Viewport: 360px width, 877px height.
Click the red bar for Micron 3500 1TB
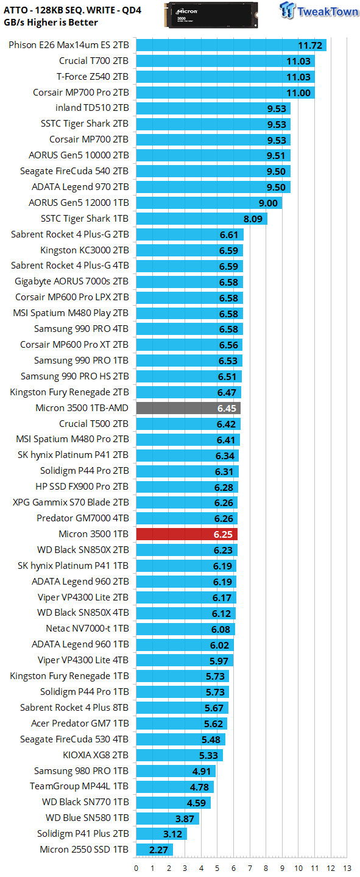(186, 534)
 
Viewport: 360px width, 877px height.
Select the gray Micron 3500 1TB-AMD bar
(188, 408)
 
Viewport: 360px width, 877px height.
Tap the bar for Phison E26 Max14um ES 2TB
(231, 46)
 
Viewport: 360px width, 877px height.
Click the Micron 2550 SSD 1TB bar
(154, 850)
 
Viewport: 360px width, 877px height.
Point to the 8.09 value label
(253, 219)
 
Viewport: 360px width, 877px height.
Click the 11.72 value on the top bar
(309, 46)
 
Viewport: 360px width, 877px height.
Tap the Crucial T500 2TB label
(94, 424)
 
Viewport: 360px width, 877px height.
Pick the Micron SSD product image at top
(211, 14)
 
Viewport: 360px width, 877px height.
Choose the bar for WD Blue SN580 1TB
(167, 818)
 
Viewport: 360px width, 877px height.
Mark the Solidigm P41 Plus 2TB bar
(161, 834)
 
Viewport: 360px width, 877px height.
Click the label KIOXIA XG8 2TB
(96, 755)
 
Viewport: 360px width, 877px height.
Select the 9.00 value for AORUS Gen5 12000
(268, 203)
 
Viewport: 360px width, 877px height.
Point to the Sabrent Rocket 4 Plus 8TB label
(74, 708)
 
